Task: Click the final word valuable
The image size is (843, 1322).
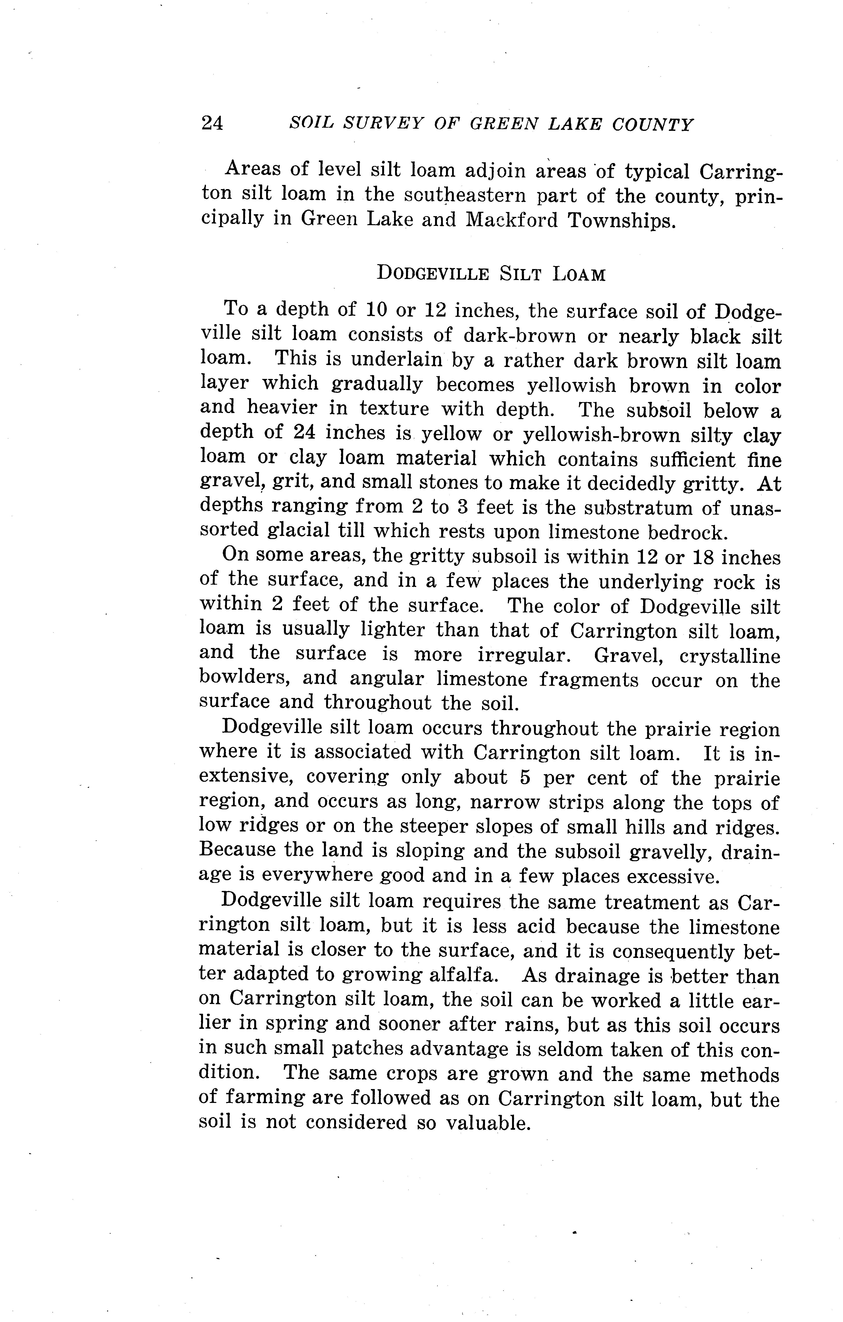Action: [488, 1123]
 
